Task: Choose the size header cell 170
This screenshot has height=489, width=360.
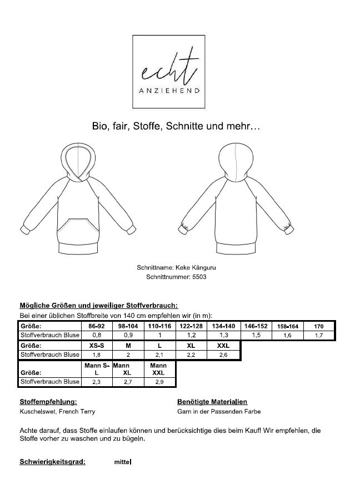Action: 319,326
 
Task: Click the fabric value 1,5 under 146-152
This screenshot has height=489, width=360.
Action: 257,335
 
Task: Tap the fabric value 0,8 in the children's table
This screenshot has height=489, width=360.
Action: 96,335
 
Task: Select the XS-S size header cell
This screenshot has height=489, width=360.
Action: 96,345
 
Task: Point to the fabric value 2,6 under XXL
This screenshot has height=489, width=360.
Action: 223,354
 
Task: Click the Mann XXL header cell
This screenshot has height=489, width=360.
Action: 159,369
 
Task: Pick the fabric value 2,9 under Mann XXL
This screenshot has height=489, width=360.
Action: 159,382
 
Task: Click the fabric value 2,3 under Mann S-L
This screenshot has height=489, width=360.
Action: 96,382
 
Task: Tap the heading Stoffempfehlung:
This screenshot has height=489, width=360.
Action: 48,401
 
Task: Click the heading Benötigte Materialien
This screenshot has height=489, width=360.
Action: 212,401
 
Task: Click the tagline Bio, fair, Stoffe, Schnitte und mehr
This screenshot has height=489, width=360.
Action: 176,126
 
